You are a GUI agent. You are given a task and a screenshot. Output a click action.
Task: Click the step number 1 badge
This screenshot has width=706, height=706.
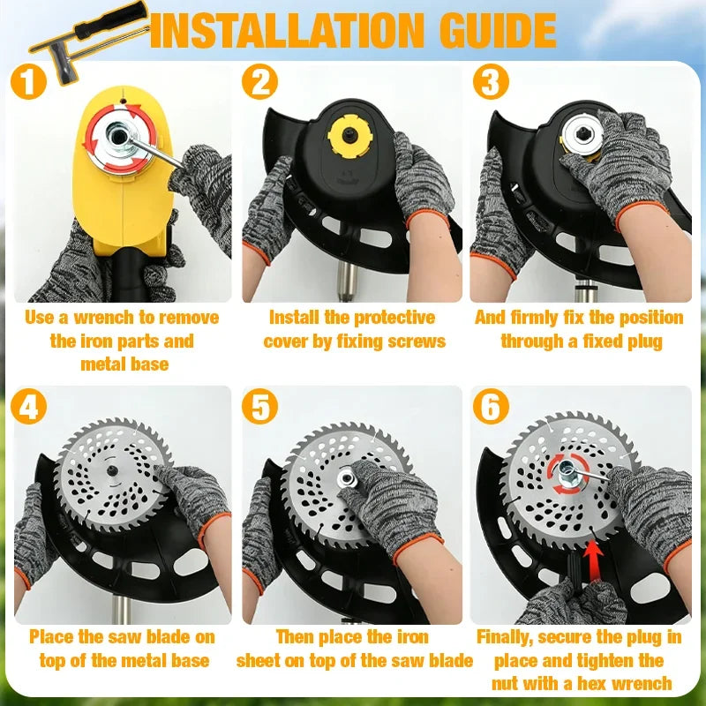coord(28,81)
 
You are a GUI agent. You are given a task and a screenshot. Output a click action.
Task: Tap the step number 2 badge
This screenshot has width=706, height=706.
coord(259,81)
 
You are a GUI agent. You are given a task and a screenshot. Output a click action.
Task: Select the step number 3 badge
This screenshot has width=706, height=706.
coord(491,81)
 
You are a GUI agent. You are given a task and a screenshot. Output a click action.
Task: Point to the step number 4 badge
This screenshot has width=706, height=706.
coord(28,406)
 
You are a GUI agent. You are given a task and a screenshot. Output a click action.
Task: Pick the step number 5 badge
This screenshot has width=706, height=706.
coord(259,406)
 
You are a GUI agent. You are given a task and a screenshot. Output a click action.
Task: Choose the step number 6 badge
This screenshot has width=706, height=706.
coord(491,406)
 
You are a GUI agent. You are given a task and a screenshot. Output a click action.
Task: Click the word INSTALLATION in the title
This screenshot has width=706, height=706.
coord(287,30)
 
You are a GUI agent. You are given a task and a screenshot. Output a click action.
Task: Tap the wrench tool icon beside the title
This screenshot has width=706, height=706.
coord(89,41)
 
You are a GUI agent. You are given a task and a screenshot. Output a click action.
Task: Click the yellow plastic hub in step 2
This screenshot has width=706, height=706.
coord(349,136)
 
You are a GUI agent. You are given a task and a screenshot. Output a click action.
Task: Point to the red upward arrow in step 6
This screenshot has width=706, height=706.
coord(594,560)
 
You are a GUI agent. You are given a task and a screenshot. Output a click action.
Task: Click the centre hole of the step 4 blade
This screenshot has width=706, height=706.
coord(112,470)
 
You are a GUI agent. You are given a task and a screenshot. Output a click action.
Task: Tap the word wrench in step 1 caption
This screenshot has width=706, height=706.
coord(104,318)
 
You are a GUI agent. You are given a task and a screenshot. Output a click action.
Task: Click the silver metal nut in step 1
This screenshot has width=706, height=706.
coord(119,137)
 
